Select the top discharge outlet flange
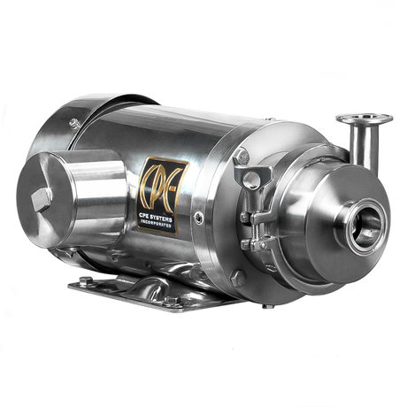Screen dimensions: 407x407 (x=363, y=118)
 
